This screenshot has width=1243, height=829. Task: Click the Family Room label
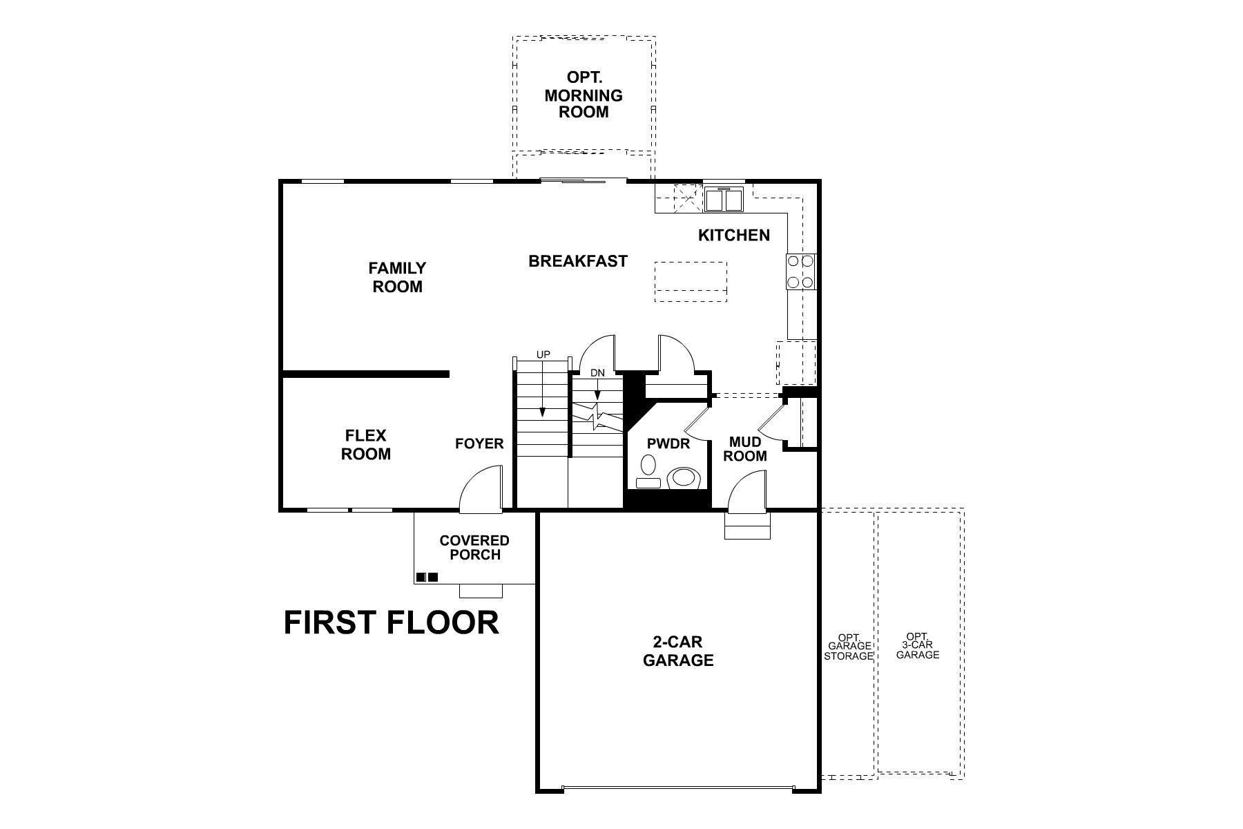click(397, 277)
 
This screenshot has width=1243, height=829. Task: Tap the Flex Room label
click(366, 445)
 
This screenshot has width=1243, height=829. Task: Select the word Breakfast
click(578, 261)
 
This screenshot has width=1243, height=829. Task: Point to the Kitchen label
click(733, 236)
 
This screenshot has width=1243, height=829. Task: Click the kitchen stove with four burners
click(800, 271)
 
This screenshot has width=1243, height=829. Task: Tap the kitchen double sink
click(724, 200)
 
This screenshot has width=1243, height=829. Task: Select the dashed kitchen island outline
click(691, 282)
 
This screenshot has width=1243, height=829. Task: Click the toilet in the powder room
click(684, 478)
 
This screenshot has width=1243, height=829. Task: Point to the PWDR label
click(668, 444)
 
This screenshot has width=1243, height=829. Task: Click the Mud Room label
click(746, 449)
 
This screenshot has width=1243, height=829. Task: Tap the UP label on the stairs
click(543, 354)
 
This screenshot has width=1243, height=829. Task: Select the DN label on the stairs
click(597, 372)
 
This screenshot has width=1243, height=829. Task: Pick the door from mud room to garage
click(748, 493)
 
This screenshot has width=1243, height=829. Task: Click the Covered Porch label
click(474, 547)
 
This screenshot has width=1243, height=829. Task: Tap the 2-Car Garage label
click(678, 651)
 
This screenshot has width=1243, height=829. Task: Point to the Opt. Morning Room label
click(584, 95)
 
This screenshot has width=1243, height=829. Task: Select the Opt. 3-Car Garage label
click(918, 645)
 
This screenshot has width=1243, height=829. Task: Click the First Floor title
click(391, 622)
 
